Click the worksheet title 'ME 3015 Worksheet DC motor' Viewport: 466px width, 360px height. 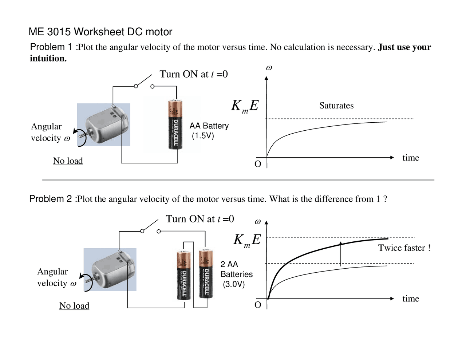[x=100, y=32]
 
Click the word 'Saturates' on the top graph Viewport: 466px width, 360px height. [x=336, y=106]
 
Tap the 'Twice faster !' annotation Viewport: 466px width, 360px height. [x=404, y=248]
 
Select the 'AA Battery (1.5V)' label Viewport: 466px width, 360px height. [x=209, y=131]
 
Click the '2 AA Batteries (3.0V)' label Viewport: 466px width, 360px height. [x=236, y=274]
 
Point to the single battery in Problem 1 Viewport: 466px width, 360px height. [x=175, y=124]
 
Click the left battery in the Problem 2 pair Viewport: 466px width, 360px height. [x=183, y=275]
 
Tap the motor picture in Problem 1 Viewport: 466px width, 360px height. [x=104, y=124]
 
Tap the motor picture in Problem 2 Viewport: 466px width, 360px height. [x=110, y=269]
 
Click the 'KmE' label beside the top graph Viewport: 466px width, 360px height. [x=245, y=106]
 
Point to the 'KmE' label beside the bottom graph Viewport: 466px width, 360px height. [x=247, y=240]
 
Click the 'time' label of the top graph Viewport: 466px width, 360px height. [x=410, y=158]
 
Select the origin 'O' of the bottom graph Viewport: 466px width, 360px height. [x=258, y=305]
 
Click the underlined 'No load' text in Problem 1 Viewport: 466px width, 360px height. [x=68, y=161]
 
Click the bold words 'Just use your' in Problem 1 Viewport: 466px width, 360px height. [x=404, y=47]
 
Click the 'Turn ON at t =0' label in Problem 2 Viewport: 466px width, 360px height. [x=200, y=219]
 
